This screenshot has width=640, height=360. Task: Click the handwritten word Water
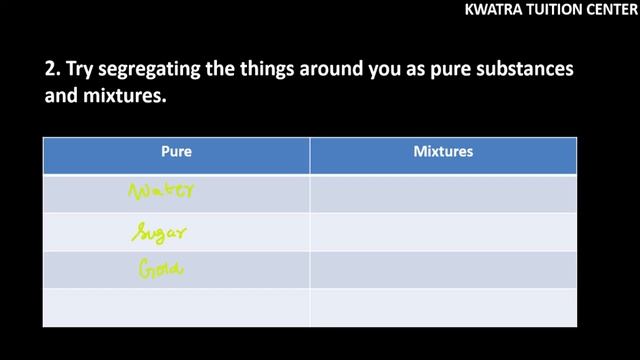[x=162, y=191]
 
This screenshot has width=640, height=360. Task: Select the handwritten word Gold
[x=158, y=268]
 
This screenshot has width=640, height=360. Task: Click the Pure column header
[x=176, y=153]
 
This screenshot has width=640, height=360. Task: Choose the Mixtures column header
[x=443, y=153]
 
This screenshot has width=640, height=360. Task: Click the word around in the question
[x=326, y=73]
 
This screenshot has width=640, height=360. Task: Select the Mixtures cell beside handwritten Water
[x=443, y=193]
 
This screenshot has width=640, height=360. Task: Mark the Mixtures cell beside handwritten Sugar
[x=443, y=232]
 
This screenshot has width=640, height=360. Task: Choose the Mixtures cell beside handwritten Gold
[x=443, y=269]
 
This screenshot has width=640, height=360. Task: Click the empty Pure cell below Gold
[x=176, y=307]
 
